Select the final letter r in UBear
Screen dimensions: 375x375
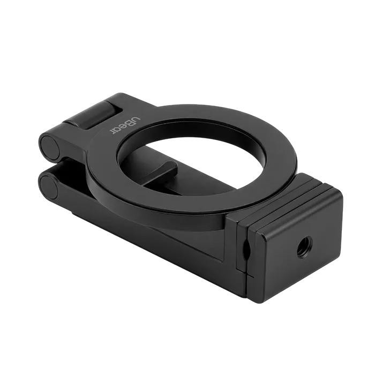112,132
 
